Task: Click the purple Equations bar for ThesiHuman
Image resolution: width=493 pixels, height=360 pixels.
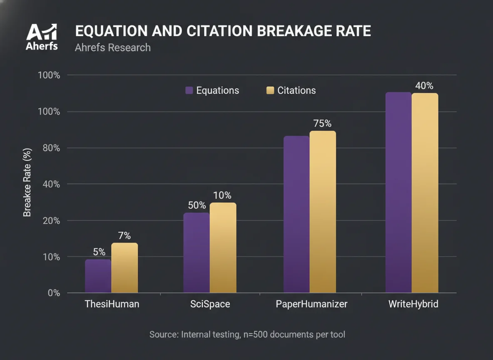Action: point(98,276)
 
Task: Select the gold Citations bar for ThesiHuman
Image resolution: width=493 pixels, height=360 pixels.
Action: point(124,267)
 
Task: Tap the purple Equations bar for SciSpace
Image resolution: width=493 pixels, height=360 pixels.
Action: point(196,252)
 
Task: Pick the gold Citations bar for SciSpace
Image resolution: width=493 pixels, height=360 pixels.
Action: point(223,247)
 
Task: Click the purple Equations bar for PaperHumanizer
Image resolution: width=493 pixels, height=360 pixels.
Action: point(296,214)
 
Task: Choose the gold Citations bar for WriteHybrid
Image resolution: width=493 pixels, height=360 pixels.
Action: point(425,192)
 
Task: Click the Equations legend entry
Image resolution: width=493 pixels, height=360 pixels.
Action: point(212,90)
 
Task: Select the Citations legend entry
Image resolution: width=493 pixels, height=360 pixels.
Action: point(291,90)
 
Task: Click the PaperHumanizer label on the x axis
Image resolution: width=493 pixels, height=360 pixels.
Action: point(311,304)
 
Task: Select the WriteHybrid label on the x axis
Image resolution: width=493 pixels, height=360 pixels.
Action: point(413,304)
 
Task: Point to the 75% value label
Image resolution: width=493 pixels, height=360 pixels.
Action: point(322,124)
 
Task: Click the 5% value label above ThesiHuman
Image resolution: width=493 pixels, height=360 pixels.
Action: point(99,252)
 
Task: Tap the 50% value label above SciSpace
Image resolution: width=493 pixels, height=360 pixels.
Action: point(197,205)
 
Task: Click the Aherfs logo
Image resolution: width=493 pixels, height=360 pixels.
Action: point(42,36)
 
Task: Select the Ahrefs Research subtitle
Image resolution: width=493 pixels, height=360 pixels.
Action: point(113,47)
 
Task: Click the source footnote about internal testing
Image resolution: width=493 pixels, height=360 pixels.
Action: point(247,334)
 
